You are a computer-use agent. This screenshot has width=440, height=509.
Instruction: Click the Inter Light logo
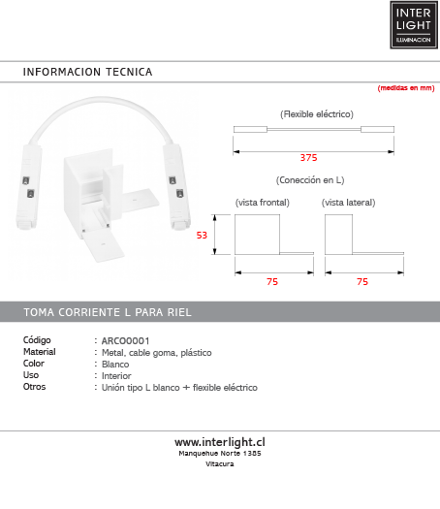point(414,24)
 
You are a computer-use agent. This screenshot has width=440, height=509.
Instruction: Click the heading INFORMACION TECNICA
point(87,73)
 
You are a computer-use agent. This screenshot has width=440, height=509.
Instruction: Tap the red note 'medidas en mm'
point(405,88)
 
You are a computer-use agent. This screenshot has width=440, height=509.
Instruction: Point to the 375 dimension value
point(308,157)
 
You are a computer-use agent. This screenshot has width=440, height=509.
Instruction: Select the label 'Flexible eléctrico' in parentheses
point(316,114)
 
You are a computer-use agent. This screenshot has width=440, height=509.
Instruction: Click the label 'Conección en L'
point(310,180)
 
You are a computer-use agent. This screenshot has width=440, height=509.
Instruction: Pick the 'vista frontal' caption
point(262,203)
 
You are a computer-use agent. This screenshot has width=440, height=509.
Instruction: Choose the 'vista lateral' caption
point(348,203)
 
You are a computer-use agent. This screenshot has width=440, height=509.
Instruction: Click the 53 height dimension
point(203,235)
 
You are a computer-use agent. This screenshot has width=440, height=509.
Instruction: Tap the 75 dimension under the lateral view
point(362,281)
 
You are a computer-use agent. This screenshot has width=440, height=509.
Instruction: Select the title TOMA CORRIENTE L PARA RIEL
point(107,312)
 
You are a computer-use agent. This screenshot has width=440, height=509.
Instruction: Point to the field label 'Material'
point(39,353)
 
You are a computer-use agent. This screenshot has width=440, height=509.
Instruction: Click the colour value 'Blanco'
point(115,365)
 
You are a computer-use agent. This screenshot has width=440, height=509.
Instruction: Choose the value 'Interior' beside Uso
point(116,376)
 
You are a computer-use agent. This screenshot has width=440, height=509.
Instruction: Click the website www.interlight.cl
point(220,442)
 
